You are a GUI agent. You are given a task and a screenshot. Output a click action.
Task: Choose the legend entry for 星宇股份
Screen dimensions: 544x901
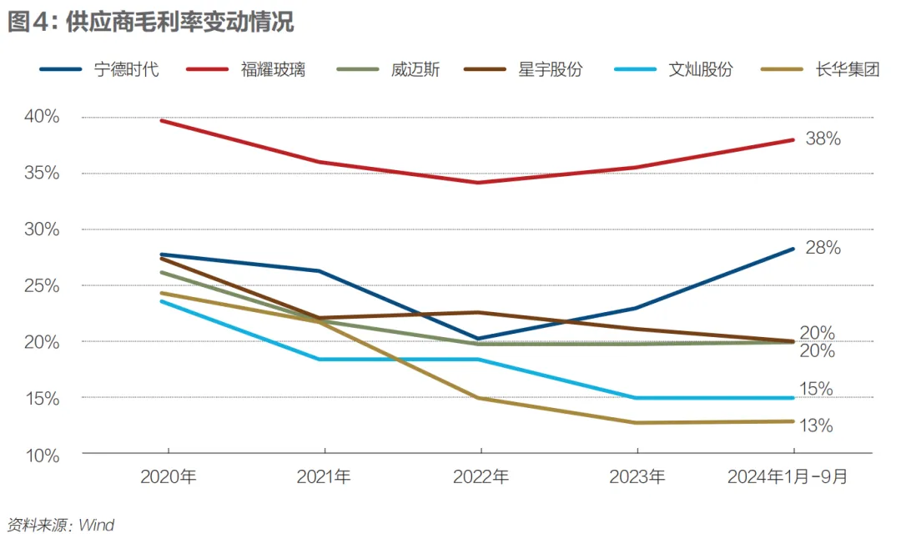coord(550,69)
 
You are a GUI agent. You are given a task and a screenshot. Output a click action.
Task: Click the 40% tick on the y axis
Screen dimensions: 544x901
coord(42,117)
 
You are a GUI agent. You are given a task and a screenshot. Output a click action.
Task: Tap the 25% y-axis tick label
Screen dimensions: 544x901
coord(42,286)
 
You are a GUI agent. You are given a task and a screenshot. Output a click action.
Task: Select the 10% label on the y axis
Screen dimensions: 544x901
coord(42,456)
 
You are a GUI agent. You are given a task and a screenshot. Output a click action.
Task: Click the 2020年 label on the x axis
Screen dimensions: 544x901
coord(168,477)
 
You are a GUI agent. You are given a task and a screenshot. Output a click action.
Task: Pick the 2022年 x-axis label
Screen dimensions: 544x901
coord(481,477)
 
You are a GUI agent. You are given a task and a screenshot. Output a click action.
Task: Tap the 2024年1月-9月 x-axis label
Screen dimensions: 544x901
coord(788,477)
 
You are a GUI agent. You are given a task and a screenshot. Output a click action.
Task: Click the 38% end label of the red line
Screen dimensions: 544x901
coord(823,139)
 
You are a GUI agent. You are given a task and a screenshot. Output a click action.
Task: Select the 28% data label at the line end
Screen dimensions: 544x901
coord(823,248)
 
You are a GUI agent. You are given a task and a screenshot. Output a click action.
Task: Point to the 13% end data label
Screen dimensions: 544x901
coord(816,426)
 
